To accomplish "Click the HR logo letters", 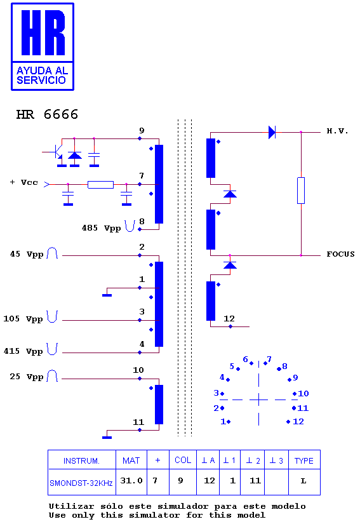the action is [x=43, y=32].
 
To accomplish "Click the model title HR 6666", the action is [x=47, y=114].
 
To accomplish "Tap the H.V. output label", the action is [x=337, y=131].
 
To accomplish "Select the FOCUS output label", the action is [x=340, y=254].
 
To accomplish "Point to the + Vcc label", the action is [x=23, y=182].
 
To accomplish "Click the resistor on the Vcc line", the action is [x=100, y=184].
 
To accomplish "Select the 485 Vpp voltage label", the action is [x=101, y=228].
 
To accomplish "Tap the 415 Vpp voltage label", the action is [x=23, y=351].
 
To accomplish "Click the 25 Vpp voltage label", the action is [x=27, y=377].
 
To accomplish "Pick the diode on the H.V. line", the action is [x=272, y=132].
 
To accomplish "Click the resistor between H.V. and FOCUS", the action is [x=301, y=191].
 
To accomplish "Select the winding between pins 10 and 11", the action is [x=159, y=405].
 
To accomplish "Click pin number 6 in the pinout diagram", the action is [x=246, y=359].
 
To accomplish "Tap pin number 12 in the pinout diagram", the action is [x=298, y=421].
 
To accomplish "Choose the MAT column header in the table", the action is [x=131, y=460].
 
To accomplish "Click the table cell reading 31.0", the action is [x=131, y=481].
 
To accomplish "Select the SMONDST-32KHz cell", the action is [x=81, y=483].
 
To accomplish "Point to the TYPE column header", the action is [x=304, y=461].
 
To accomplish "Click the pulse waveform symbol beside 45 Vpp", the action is [x=52, y=253].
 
